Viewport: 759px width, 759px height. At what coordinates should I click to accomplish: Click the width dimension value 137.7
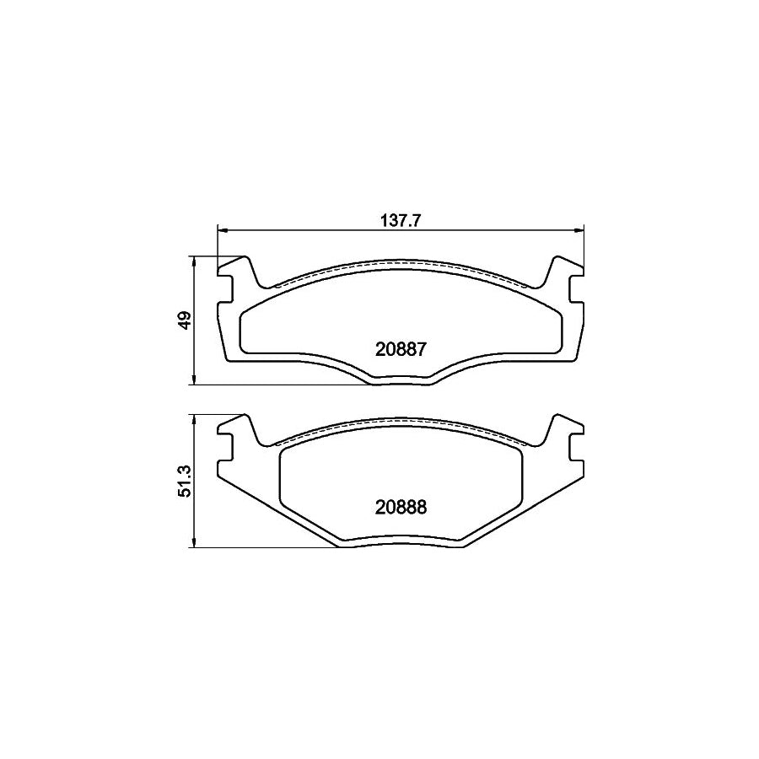[x=401, y=221]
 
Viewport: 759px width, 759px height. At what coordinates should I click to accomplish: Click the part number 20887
[x=401, y=347]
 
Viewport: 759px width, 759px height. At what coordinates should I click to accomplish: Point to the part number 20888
[x=401, y=507]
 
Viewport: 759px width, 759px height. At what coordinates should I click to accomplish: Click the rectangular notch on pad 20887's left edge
[x=225, y=290]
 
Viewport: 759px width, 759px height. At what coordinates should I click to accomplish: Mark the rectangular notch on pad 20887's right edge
[x=576, y=290]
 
